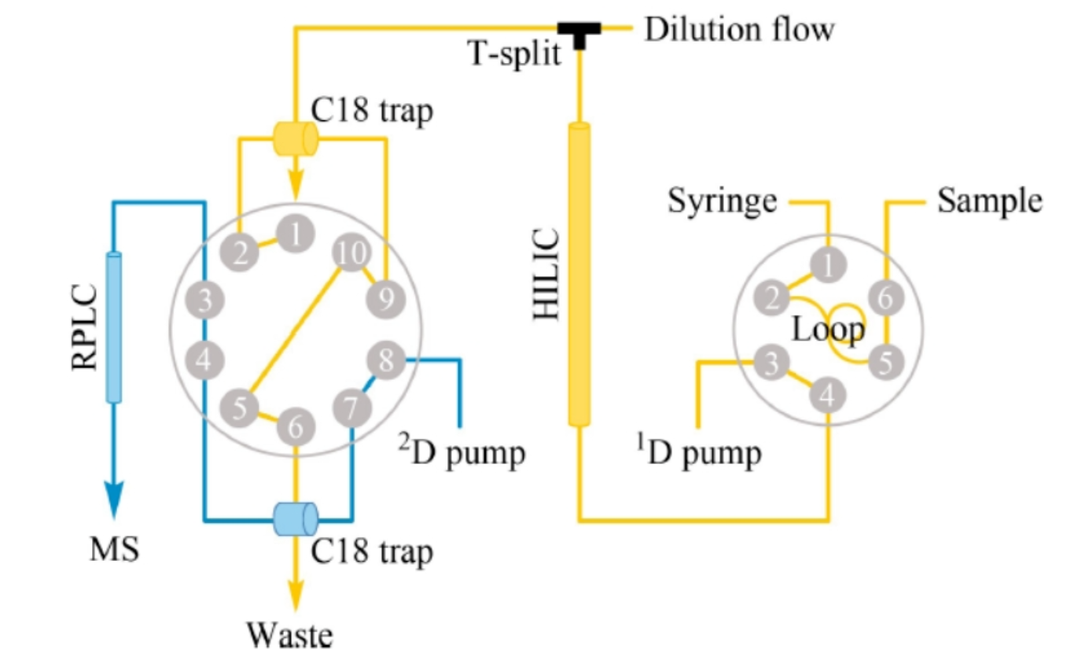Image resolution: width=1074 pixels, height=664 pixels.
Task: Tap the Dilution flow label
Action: [739, 30]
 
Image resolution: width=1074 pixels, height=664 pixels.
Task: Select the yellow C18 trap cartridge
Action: [296, 138]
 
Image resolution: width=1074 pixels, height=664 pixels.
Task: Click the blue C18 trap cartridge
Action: [296, 519]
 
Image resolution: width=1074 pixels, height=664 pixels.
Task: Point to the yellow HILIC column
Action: [579, 275]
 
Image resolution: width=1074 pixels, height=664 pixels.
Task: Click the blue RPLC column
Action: [114, 328]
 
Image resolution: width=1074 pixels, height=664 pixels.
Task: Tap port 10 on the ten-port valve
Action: [352, 253]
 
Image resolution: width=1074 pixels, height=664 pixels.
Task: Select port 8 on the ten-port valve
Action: [386, 360]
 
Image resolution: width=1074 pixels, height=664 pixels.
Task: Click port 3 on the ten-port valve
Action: [204, 301]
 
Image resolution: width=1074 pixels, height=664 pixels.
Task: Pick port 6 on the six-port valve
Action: [886, 298]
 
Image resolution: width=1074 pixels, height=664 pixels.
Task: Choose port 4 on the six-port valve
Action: [828, 395]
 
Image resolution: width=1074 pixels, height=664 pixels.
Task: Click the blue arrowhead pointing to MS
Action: [114, 500]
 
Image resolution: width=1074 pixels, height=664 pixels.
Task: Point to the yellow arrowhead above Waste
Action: [296, 596]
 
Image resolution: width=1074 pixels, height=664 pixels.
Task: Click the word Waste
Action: [289, 636]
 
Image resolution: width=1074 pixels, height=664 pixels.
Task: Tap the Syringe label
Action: [722, 201]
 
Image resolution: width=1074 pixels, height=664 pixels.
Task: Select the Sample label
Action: [990, 201]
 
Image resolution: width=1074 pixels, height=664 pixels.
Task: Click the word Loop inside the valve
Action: [828, 330]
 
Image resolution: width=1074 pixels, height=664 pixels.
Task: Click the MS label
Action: [115, 549]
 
